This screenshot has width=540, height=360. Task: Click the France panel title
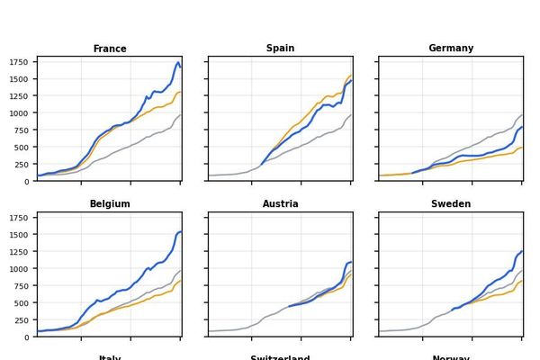tap(110, 49)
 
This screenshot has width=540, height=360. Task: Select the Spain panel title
tap(280, 49)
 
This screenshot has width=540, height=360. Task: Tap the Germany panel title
tap(451, 49)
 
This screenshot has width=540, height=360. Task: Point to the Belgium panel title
tap(110, 204)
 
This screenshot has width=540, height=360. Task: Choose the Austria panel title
tap(280, 204)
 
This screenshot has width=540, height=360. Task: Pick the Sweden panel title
tap(451, 204)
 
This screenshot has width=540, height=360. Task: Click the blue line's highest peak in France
tap(178, 62)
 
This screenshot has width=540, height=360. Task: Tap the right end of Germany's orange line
tap(522, 148)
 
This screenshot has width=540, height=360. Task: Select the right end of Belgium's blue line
tap(181, 231)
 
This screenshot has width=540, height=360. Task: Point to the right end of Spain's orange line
tap(352, 76)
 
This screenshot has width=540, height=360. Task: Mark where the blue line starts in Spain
tap(261, 165)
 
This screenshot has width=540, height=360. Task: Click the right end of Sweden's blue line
tap(522, 251)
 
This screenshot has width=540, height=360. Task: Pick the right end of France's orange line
tap(181, 92)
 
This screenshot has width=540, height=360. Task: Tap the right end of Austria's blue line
tap(352, 262)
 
